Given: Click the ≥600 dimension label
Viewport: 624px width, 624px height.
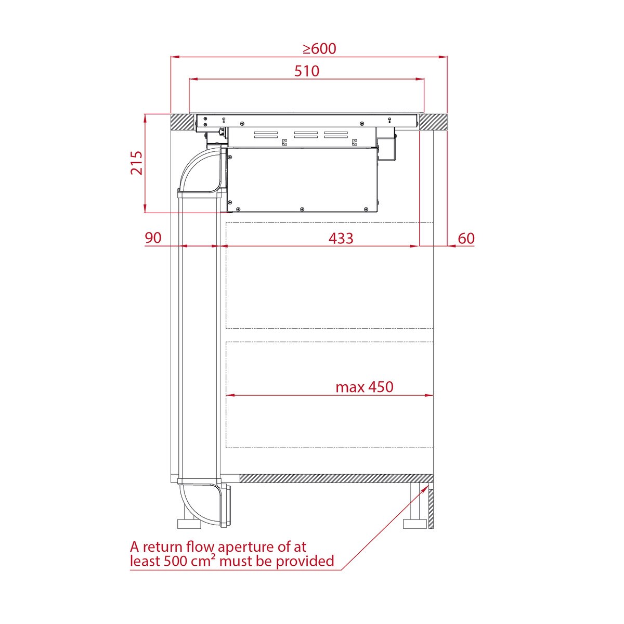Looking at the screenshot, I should (319, 49).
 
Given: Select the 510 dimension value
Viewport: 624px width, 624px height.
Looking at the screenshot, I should (307, 71).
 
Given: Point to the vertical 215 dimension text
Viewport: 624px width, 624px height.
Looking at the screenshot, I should (136, 163).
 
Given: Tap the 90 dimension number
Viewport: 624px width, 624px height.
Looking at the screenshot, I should (153, 238).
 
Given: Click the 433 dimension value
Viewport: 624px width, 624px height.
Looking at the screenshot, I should (341, 238).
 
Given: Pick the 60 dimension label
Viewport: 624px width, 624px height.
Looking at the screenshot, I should (466, 238).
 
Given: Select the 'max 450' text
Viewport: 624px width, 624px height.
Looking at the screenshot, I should (364, 387).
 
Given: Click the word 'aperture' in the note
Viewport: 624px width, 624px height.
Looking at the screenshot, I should (244, 547).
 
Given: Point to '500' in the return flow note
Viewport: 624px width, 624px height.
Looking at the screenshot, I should (177, 562).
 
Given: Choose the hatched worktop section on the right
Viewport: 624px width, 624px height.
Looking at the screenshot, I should (433, 122).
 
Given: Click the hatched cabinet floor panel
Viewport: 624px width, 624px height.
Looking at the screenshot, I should (335, 478).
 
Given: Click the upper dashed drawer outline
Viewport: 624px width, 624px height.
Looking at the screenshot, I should (329, 276).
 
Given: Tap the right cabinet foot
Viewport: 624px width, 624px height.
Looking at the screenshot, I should (415, 523).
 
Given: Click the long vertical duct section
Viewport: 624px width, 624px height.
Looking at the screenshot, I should (199, 338).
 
